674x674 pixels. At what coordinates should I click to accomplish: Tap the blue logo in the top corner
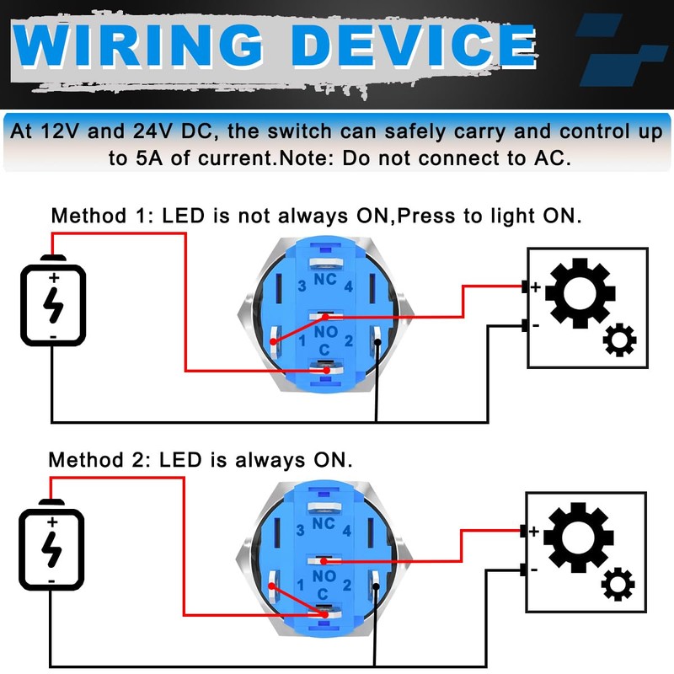[619, 51]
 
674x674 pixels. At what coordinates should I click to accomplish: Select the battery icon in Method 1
[53, 303]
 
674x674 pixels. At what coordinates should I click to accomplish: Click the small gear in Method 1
[621, 340]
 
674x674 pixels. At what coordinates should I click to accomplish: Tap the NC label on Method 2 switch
[324, 523]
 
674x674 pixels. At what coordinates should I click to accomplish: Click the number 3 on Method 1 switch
[301, 286]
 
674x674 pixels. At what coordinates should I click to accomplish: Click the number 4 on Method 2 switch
[347, 530]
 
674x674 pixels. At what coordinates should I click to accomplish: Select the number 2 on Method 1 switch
[347, 340]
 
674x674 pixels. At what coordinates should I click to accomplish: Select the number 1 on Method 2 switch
[301, 584]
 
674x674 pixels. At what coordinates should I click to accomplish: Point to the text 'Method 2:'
[94, 460]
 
